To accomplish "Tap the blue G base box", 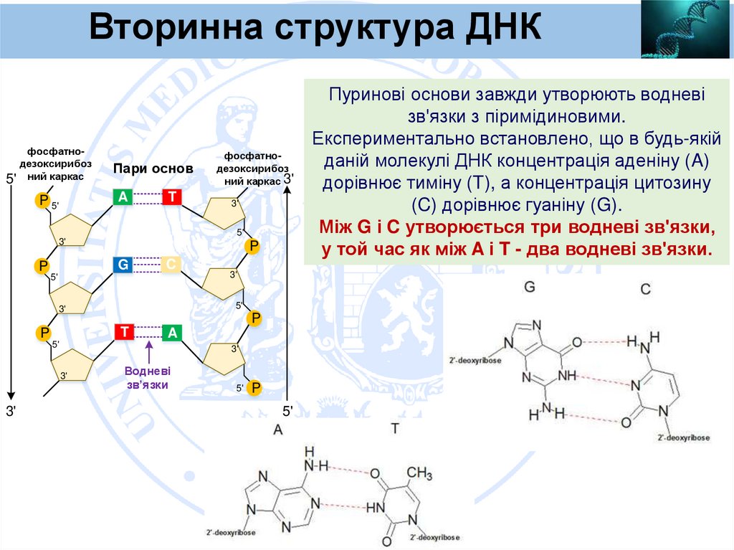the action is pyautogui.click(x=123, y=265).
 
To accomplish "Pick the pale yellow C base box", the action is pyautogui.click(x=171, y=265).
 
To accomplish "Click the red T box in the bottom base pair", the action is pyautogui.click(x=124, y=332).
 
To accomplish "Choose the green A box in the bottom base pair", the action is pyautogui.click(x=172, y=332).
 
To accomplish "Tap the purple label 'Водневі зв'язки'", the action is pyautogui.click(x=147, y=378).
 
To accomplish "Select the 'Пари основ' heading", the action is pyautogui.click(x=153, y=169).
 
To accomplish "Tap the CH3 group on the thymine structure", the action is pyautogui.click(x=419, y=474).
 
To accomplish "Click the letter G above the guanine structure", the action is pyautogui.click(x=530, y=287).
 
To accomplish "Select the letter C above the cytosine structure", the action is pyautogui.click(x=646, y=289).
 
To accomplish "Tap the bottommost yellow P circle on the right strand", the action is pyautogui.click(x=254, y=388).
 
